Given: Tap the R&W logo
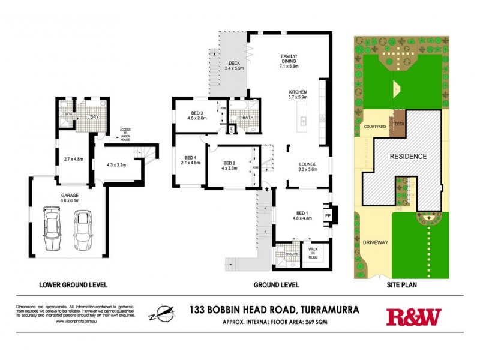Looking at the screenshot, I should point(413,316).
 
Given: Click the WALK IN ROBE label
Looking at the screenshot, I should point(313,253).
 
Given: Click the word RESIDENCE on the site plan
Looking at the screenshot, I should point(408,157).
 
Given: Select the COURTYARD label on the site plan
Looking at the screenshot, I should point(374,127).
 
